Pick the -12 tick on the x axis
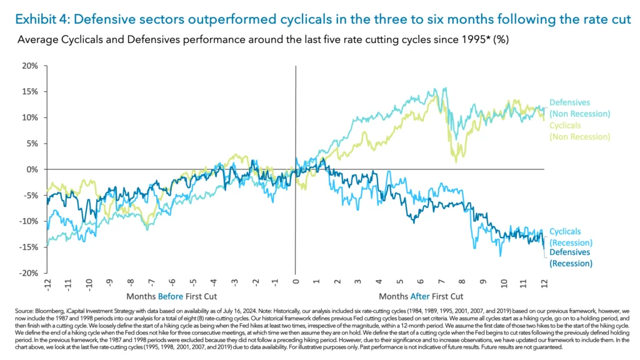pyautogui.click(x=47, y=283)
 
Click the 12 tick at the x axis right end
pyautogui.click(x=544, y=282)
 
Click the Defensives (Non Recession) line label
pyautogui.click(x=579, y=107)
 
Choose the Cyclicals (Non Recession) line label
pyautogui.click(x=579, y=131)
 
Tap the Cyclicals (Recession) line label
pyautogui.click(x=571, y=237)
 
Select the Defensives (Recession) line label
pyautogui.click(x=571, y=258)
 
